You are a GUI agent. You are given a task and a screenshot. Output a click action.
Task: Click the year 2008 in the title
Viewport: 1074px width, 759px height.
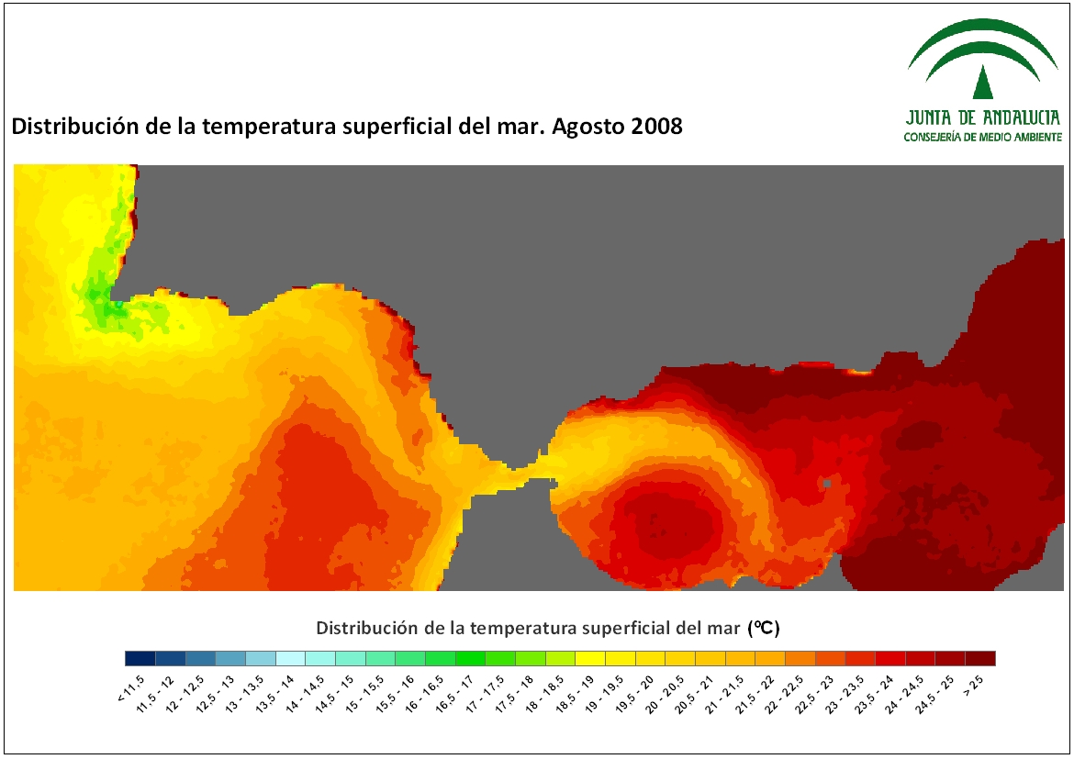point(656,126)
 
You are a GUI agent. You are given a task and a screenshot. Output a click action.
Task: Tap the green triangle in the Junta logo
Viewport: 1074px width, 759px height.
point(983,82)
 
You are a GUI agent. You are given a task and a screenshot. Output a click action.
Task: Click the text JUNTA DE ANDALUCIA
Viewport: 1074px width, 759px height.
point(983,117)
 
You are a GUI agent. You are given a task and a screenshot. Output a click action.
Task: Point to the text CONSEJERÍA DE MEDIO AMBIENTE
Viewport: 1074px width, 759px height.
point(983,137)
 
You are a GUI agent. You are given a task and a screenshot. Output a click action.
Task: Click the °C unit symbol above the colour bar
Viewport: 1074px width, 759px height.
point(764,628)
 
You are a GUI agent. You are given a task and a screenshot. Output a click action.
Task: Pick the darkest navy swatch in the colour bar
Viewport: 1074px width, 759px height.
point(140,658)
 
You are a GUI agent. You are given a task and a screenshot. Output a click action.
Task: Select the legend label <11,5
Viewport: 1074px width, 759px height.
point(131,687)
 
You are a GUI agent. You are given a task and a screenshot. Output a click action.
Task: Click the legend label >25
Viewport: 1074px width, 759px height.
point(973,685)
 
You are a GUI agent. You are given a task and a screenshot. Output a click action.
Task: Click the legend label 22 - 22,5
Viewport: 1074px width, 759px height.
point(779,693)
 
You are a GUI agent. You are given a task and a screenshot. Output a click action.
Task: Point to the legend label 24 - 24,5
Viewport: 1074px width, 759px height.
point(900,693)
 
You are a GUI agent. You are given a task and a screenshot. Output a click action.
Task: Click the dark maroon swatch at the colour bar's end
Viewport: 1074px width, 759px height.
point(980,658)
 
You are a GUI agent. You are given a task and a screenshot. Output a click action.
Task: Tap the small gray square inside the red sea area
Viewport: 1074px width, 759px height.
point(827,484)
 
